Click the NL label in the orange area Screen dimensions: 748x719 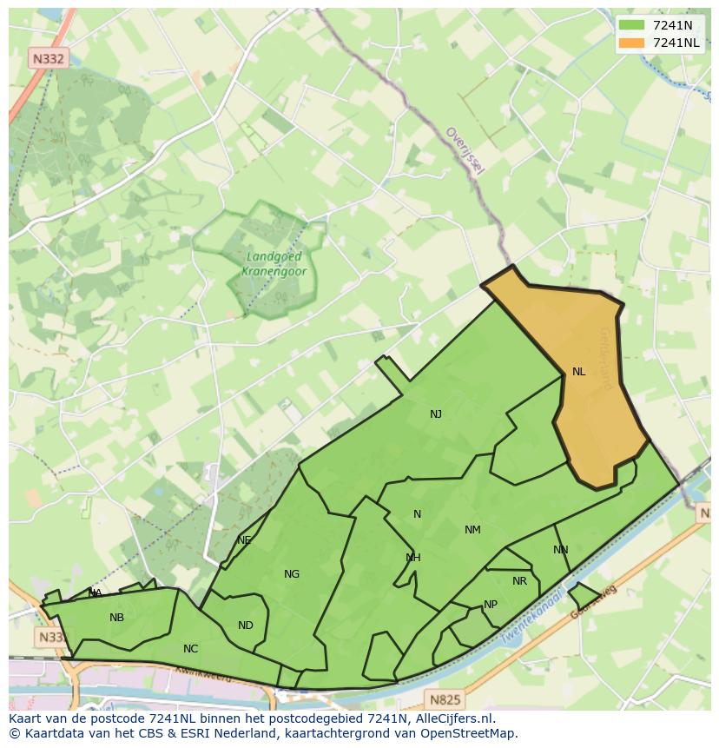(578, 372)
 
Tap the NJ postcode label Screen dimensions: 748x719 (436, 414)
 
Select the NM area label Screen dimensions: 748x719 (472, 530)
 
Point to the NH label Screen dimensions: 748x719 (413, 558)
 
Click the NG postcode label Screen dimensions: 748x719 (292, 573)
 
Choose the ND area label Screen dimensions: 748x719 (246, 626)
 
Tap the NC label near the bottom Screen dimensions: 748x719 (191, 649)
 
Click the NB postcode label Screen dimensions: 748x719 (117, 618)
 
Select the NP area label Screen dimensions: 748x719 (491, 605)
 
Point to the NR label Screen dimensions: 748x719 (519, 581)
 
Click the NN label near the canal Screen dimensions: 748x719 (560, 550)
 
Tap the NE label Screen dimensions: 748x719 (244, 540)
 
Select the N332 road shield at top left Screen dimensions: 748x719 (47, 58)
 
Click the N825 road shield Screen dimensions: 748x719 (445, 698)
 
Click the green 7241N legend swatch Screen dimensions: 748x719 (632, 25)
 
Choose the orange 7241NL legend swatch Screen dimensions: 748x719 (632, 42)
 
